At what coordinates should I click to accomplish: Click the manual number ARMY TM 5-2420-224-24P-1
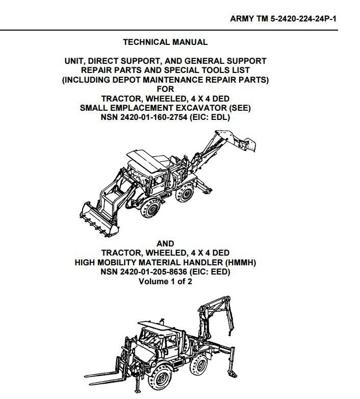[x=283, y=18]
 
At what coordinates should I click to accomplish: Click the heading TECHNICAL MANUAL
[x=165, y=42]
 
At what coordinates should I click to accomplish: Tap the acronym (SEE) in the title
[x=240, y=108]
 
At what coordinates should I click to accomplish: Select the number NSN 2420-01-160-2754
[x=144, y=117]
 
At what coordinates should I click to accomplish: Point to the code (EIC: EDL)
[x=210, y=117]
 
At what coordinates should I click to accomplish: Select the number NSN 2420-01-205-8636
[x=144, y=272]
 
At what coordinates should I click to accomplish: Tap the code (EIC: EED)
[x=210, y=272]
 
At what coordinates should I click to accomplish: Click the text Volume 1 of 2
[x=165, y=282]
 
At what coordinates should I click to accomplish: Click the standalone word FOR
[x=166, y=89]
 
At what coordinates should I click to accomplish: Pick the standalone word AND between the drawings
[x=165, y=243]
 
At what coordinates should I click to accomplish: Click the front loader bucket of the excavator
[x=98, y=219]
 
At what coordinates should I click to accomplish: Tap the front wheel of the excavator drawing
[x=150, y=208]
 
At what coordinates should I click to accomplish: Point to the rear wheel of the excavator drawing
[x=185, y=193]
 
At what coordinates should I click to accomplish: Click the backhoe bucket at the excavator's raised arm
[x=248, y=144]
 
